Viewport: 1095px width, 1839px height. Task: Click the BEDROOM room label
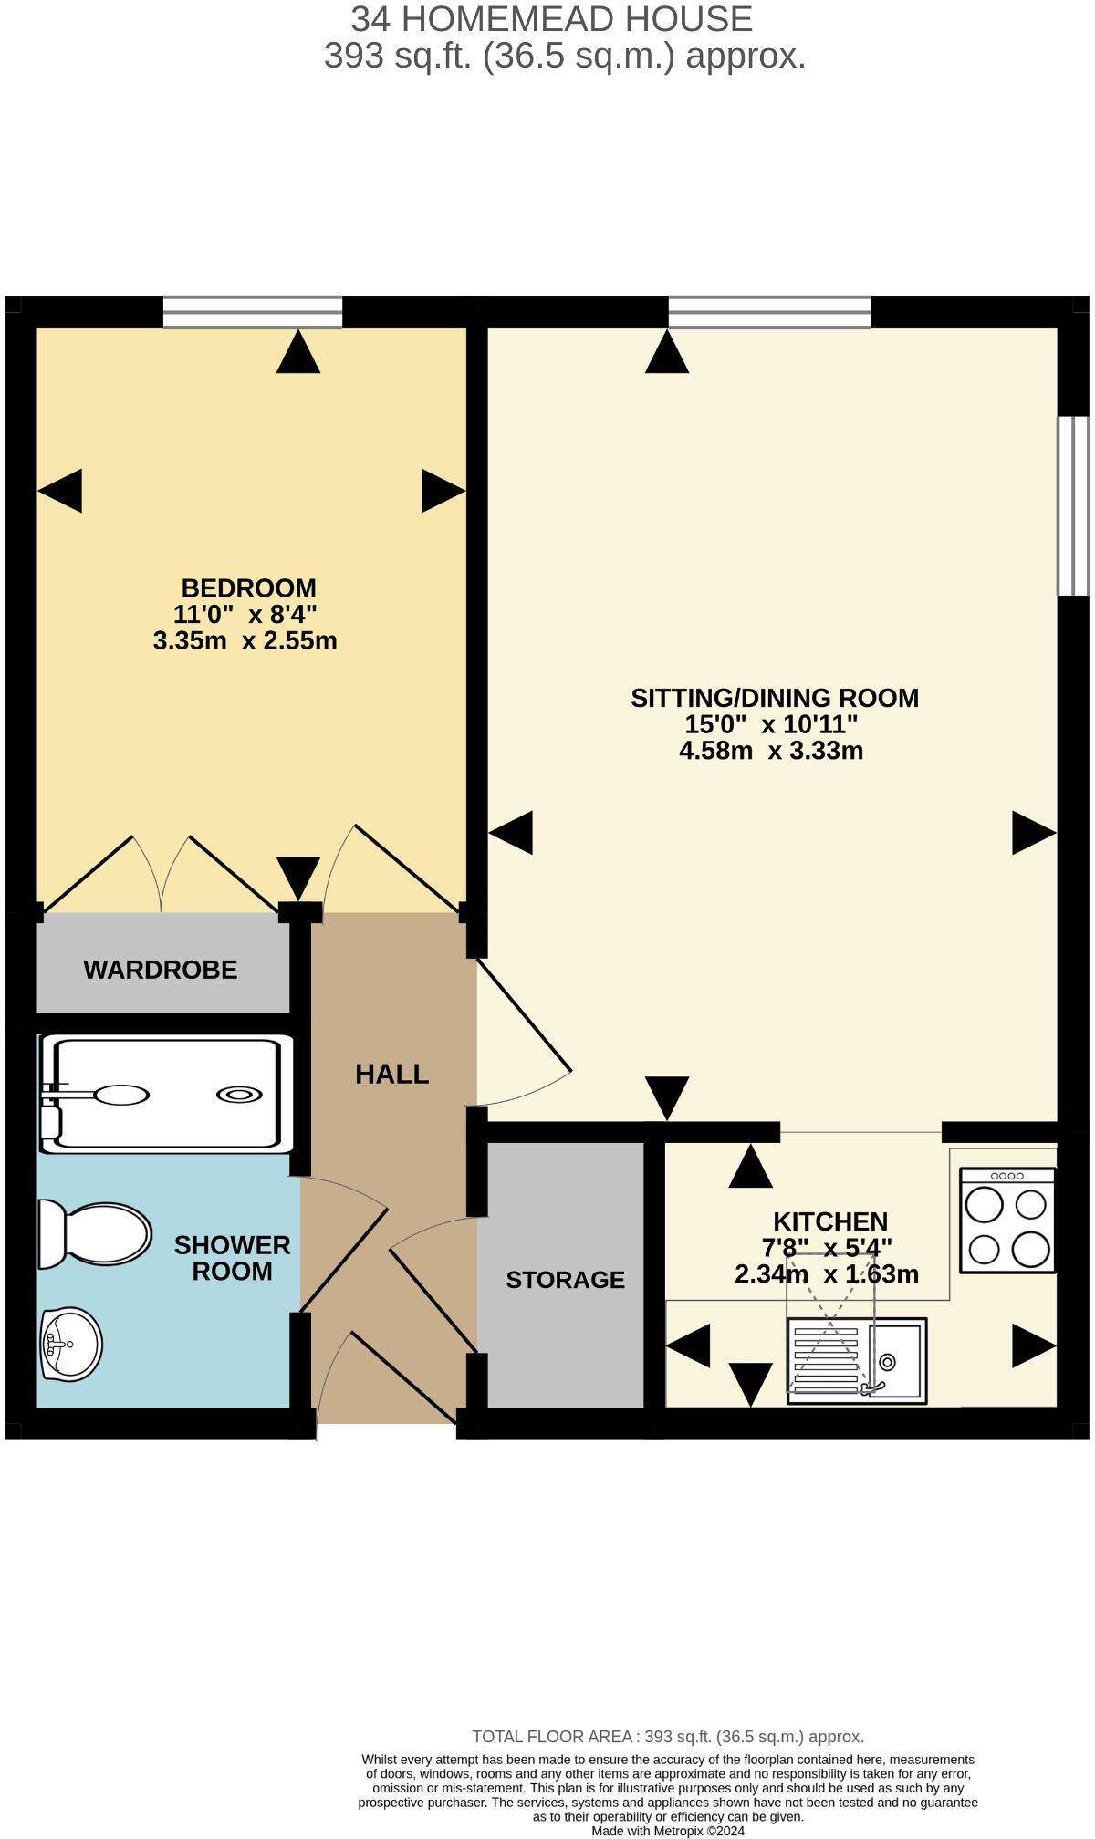(248, 587)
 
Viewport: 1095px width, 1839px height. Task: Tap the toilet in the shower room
(95, 1235)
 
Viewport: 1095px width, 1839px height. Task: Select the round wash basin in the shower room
(70, 1344)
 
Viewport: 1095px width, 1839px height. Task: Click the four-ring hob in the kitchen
(1007, 1221)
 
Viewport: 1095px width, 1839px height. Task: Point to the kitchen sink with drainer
(857, 1360)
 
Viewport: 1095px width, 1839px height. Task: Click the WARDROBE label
(161, 970)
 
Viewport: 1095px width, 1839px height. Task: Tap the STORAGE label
(565, 1280)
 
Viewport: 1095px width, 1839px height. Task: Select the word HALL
(392, 1074)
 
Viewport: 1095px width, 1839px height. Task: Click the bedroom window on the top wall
(253, 312)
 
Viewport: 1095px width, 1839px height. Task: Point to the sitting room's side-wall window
(1073, 506)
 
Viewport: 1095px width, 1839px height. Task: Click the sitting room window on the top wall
(769, 312)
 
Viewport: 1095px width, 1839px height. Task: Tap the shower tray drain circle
(238, 1095)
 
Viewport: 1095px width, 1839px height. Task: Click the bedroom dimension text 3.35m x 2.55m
(245, 640)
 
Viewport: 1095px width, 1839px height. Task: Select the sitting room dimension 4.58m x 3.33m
(771, 751)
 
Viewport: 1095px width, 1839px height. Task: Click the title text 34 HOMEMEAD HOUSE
(551, 18)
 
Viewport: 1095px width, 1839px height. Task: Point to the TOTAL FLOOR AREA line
(667, 1737)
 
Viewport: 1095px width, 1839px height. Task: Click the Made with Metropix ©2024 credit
(668, 1830)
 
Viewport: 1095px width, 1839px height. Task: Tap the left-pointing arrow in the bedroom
(60, 491)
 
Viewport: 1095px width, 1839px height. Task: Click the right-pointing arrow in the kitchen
(1034, 1345)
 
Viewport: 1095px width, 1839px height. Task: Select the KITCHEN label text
(830, 1221)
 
